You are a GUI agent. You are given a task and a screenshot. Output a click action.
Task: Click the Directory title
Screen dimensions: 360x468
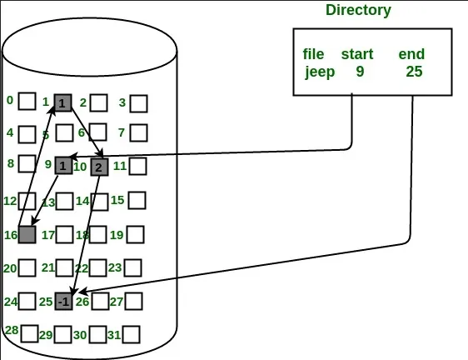coord(358,10)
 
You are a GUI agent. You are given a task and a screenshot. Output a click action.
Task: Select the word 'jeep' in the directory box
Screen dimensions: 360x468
coord(320,72)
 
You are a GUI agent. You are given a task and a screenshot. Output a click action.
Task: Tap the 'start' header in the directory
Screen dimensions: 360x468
coord(357,54)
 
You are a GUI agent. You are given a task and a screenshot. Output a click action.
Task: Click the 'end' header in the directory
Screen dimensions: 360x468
coord(411,54)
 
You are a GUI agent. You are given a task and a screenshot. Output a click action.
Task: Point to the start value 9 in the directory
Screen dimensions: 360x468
coord(360,72)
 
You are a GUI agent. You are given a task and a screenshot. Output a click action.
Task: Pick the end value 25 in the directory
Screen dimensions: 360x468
coord(414,72)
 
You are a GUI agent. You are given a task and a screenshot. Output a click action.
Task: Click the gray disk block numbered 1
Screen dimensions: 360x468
coord(62,102)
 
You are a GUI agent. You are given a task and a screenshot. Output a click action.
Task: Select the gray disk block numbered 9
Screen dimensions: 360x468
coord(64,165)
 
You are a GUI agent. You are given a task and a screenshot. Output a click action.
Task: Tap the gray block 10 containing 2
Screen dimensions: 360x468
coord(99,167)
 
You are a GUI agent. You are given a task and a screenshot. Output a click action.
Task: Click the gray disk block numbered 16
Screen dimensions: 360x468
coord(27,234)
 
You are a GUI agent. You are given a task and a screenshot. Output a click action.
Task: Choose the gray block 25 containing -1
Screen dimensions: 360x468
coord(64,301)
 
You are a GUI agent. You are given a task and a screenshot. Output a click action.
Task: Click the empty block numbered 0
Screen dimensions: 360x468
coord(27,101)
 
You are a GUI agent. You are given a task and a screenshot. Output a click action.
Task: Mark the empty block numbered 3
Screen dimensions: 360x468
coord(139,103)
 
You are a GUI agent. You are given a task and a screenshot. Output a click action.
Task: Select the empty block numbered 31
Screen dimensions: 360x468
coord(131,335)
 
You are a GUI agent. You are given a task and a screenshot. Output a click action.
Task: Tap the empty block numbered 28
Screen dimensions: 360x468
coord(30,333)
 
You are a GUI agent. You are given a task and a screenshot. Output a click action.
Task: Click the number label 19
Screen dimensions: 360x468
coord(117,235)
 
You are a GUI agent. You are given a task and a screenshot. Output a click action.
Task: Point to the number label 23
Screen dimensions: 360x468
coord(115,267)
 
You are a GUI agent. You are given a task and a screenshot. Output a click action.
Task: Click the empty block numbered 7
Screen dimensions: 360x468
coord(139,132)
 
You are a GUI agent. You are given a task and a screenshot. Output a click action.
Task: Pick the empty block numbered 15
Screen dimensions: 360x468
coord(137,200)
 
